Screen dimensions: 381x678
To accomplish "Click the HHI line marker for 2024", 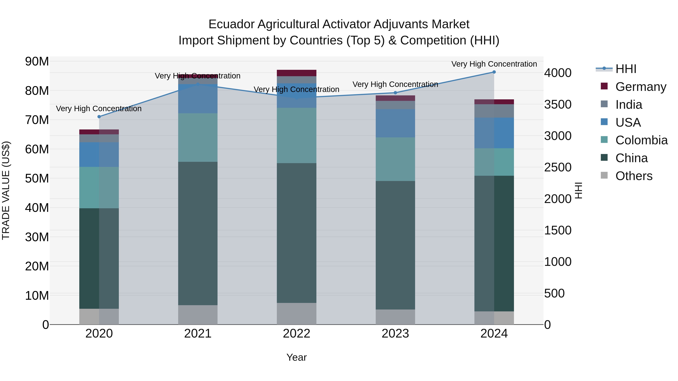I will [x=494, y=72].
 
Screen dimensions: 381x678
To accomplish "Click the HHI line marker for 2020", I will [x=99, y=117].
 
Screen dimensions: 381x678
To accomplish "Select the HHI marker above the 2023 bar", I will [x=395, y=93].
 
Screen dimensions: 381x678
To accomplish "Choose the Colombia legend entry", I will [x=641, y=140].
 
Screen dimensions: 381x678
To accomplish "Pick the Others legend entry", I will [x=634, y=176].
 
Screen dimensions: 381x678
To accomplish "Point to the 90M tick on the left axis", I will [x=37, y=62].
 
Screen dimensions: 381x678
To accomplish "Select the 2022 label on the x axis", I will [x=296, y=334].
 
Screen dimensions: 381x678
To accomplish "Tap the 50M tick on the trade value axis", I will [x=37, y=179].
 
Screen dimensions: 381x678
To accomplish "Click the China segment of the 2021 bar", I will [x=198, y=233].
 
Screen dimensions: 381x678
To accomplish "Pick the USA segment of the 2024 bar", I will [x=494, y=133].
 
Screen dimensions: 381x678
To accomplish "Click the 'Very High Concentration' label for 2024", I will [x=494, y=64].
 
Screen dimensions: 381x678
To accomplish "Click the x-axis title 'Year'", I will [x=296, y=357].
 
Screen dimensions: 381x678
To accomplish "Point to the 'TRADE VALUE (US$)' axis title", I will [x=6, y=190].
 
